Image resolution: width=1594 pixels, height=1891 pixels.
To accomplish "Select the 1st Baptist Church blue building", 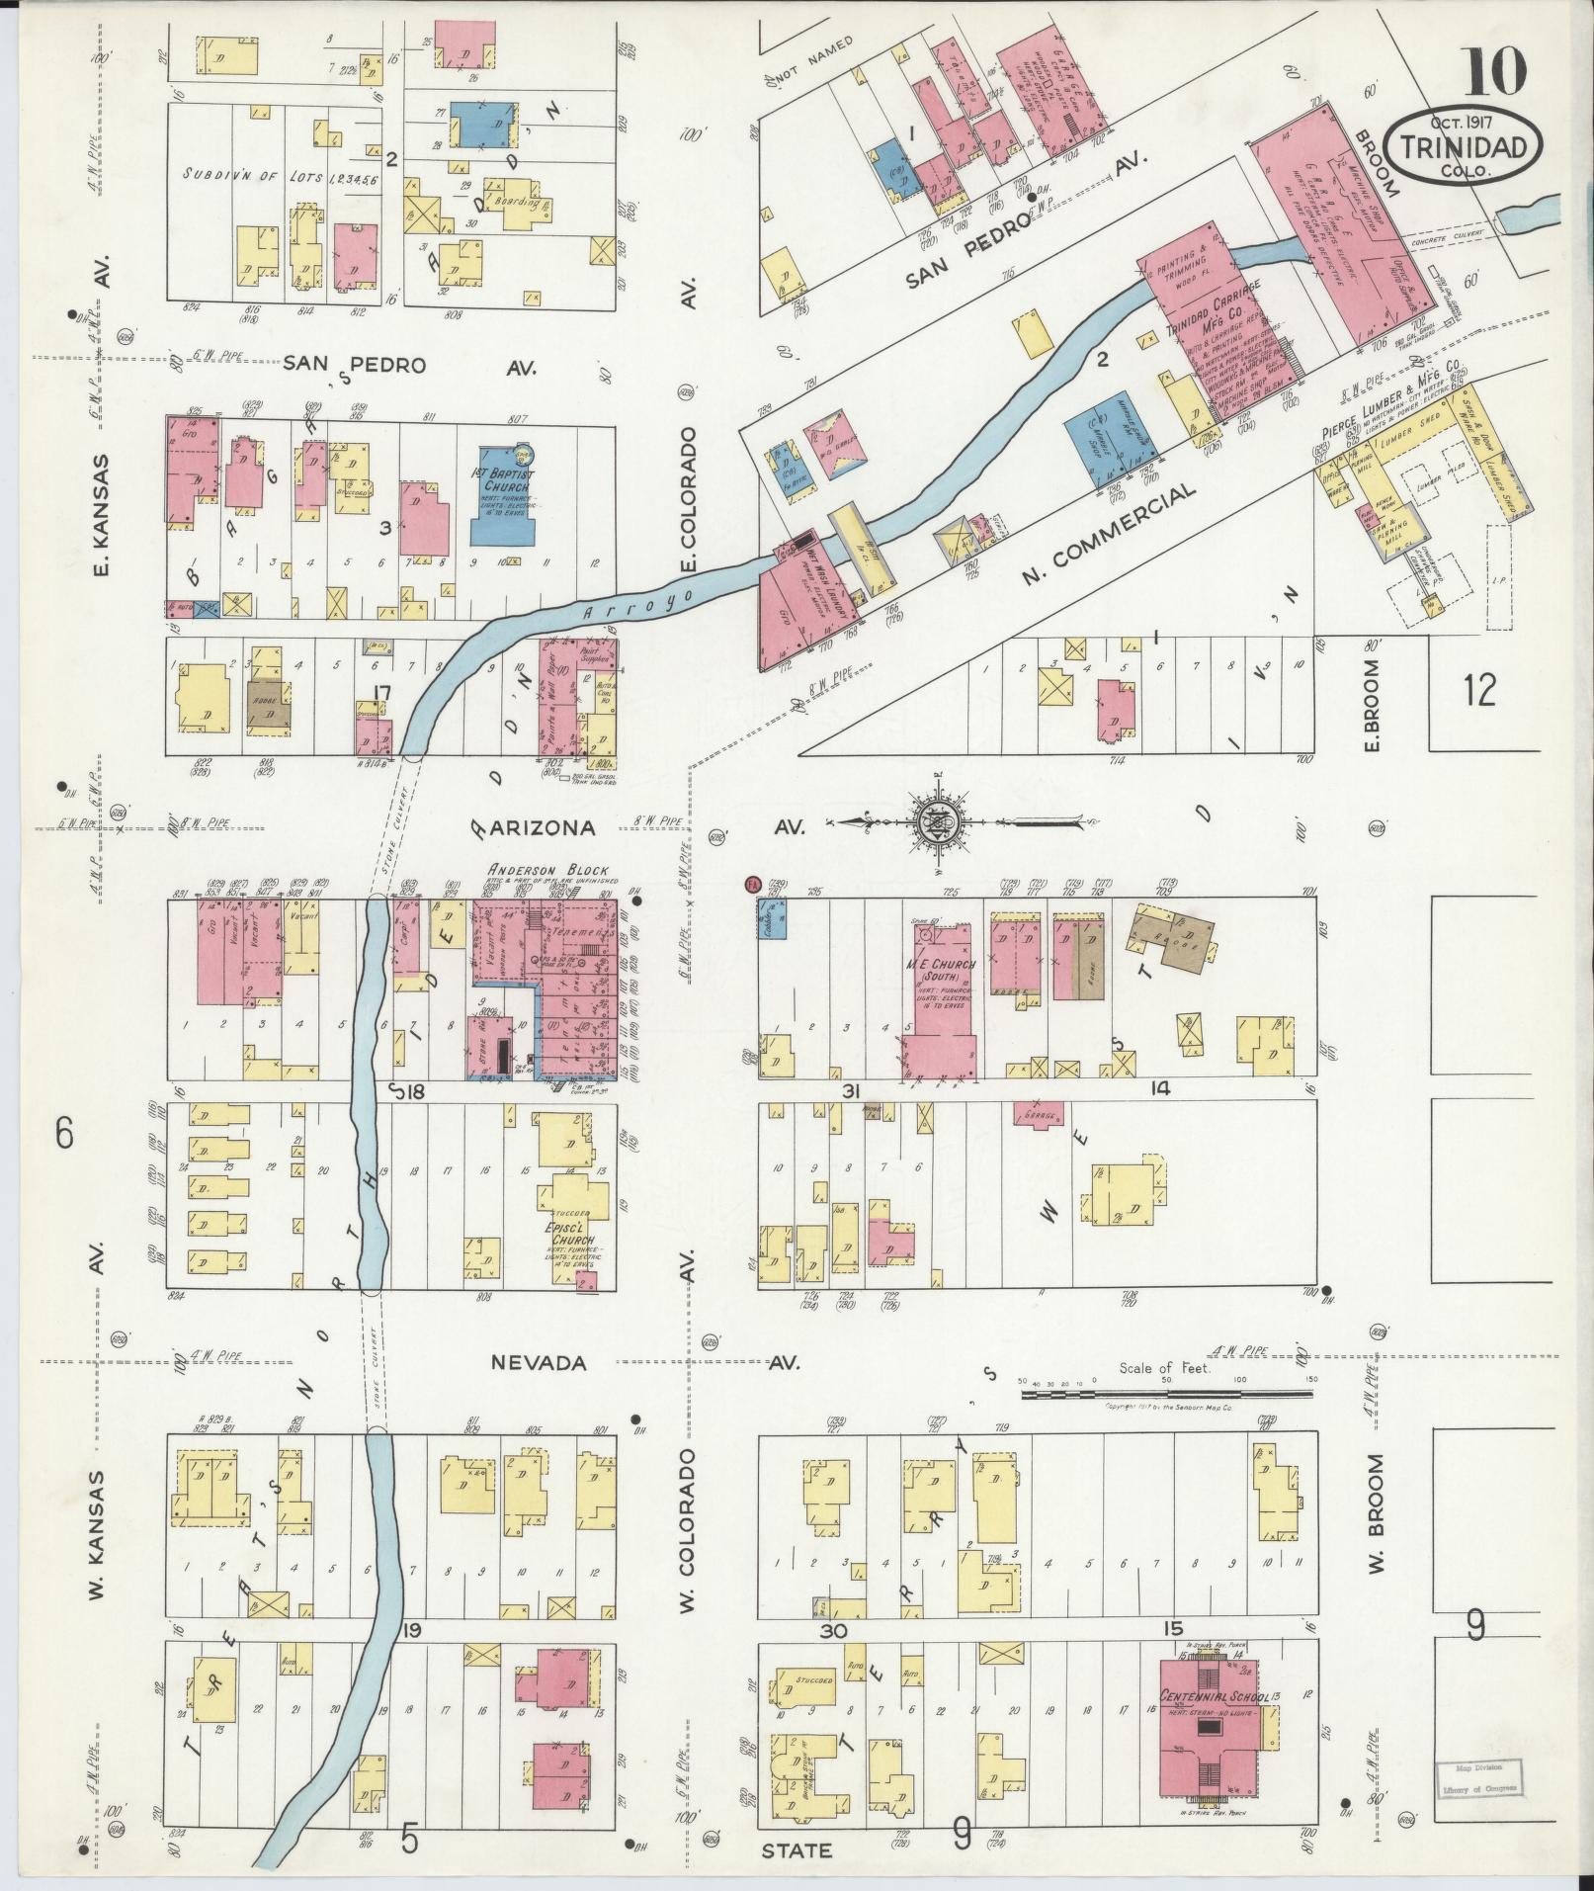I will (504, 491).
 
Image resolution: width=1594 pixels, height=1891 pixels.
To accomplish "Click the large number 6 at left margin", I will (64, 1134).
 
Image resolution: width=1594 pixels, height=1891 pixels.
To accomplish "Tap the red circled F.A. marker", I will (751, 882).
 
